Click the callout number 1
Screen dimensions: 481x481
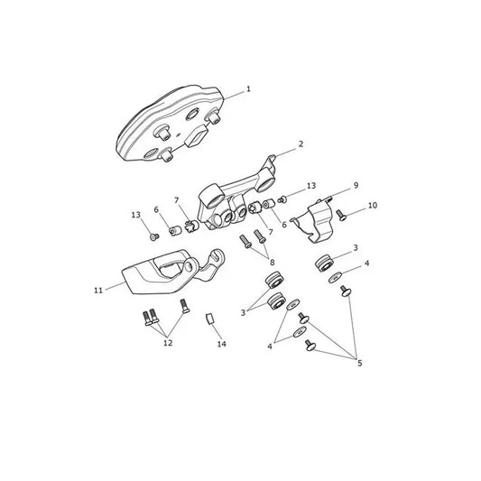248,89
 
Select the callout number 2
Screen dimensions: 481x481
301,143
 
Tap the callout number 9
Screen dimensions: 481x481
356,185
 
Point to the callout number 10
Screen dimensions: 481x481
373,205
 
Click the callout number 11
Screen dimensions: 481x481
98,291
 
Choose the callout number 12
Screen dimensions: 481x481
168,343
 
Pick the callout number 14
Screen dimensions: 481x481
221,344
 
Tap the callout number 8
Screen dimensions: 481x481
273,263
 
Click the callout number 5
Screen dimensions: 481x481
360,363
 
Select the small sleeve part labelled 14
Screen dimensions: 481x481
209,319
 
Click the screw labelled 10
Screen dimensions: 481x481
341,215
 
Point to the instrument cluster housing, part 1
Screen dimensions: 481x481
169,124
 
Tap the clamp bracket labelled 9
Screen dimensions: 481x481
313,220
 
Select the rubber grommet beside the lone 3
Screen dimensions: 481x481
325,264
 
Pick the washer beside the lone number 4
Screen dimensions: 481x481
335,277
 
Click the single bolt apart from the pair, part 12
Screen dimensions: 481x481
185,306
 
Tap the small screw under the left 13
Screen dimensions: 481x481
154,236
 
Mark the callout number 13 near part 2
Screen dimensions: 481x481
311,186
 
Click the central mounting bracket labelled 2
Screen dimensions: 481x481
236,197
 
